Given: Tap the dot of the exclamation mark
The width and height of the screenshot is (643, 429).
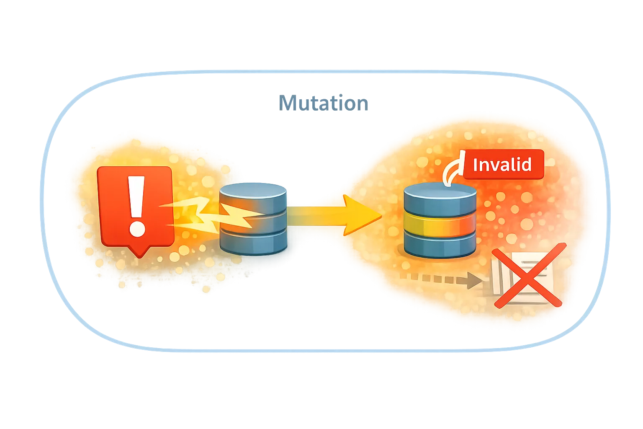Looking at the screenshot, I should [x=137, y=229].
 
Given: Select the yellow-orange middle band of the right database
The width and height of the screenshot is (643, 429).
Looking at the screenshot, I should [x=440, y=226].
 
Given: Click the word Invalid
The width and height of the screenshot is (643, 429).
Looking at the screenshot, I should [x=502, y=165].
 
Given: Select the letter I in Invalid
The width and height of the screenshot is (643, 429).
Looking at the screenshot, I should [x=475, y=165].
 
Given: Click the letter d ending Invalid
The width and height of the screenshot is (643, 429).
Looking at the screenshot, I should [x=527, y=165].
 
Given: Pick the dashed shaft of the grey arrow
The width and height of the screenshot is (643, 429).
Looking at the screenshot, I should [x=431, y=277].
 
